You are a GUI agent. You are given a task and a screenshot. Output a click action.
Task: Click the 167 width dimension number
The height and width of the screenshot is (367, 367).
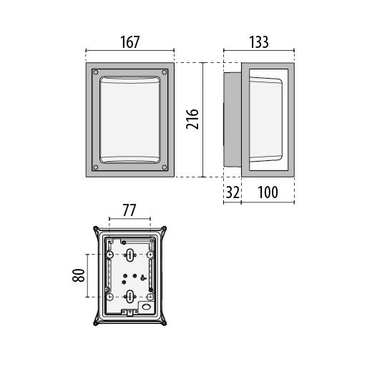coord(129,42)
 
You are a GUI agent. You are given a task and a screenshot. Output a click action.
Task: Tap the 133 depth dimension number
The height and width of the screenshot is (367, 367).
coord(259,42)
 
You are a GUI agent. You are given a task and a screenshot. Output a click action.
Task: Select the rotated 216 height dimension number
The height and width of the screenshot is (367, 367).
coord(192,119)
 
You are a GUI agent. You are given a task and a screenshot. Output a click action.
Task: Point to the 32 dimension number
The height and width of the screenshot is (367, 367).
coord(233,192)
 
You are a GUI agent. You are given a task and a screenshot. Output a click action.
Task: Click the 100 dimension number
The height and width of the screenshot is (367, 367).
coord(268,192)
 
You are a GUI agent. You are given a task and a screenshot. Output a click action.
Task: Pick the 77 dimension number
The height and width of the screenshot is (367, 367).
coord(129,210)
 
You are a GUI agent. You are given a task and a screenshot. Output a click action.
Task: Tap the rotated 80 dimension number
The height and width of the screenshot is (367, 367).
coord(79,275)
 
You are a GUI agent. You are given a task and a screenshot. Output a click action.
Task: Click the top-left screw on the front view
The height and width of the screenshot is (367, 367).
coord(96,72)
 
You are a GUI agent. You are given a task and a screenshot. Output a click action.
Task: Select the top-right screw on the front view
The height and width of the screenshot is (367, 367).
coord(164,72)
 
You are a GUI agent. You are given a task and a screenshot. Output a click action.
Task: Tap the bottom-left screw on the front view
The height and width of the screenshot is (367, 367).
coord(96,167)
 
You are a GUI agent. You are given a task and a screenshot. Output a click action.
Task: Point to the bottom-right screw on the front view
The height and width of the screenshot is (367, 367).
coord(164,167)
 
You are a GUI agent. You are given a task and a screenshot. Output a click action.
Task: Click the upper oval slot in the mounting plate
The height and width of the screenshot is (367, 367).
coord(129,255)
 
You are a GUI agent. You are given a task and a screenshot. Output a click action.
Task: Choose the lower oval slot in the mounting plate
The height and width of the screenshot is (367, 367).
coord(129,296)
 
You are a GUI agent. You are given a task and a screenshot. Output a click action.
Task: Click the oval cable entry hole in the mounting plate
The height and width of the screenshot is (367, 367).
coord(146,307)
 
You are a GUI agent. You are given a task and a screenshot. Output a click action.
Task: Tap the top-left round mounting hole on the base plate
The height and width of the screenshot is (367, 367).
coord(109,255)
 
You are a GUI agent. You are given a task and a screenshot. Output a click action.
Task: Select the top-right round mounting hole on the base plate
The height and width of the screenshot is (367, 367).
coord(150,255)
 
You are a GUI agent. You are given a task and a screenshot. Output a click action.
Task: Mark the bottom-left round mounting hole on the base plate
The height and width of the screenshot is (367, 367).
coord(109,297)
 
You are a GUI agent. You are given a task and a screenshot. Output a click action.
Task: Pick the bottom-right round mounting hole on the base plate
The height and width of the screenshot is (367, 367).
coord(150,297)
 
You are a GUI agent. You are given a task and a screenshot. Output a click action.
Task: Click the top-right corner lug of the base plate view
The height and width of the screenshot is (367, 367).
coord(164,229)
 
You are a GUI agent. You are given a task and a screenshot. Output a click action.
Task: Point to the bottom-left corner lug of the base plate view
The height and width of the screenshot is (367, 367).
coord(96,323)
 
